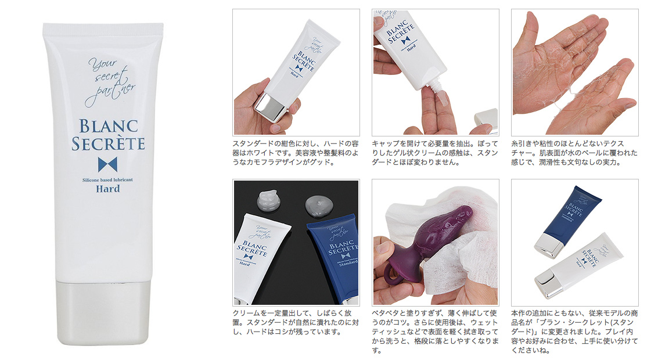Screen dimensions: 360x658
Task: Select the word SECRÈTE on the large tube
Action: point(108,143)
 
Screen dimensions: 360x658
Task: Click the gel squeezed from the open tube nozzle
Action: point(440,102)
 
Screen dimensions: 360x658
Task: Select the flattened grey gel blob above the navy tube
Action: point(319,205)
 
